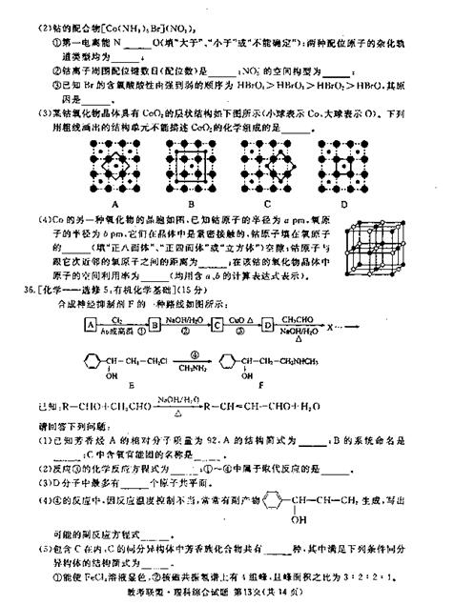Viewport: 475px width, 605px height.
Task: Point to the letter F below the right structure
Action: coord(277,390)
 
